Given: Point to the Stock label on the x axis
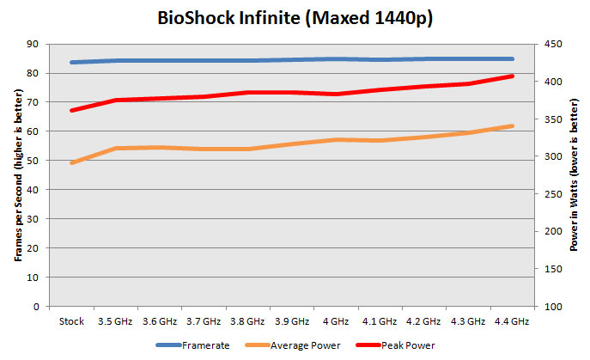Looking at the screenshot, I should (71, 321).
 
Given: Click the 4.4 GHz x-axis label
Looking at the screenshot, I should (512, 321).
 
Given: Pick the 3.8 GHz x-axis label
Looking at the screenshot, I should (247, 321).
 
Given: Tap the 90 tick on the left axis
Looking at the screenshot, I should (33, 44).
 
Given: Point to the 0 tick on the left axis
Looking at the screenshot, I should (36, 307).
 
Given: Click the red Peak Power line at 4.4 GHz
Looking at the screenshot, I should (512, 76).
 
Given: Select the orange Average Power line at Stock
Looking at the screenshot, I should (72, 162).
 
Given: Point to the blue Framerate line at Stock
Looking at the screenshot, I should (72, 62).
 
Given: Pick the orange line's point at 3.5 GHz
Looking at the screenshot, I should (115, 148).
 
